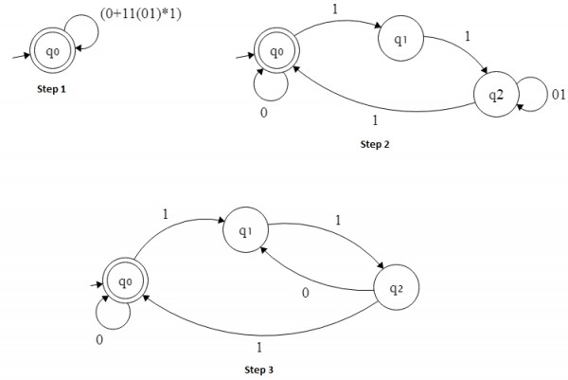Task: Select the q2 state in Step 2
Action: [x=495, y=94]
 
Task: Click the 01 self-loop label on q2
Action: [x=559, y=95]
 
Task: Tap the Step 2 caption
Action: [x=375, y=144]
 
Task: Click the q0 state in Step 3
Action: [x=121, y=281]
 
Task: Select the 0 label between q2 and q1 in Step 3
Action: [x=304, y=293]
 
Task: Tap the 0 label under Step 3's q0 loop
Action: [x=98, y=339]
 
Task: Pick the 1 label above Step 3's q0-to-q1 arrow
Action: [x=166, y=214]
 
